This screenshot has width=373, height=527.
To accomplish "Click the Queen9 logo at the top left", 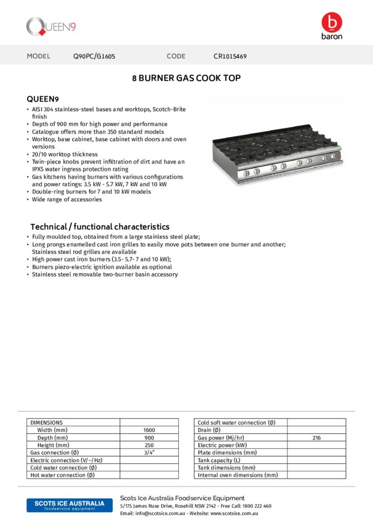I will tap(52, 26).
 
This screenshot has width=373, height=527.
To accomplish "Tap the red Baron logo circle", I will tap(331, 23).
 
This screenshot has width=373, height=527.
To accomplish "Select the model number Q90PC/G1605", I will tap(94, 56).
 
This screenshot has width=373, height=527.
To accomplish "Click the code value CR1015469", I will tap(230, 56).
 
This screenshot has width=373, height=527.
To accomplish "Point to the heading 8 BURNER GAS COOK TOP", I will tap(186, 78).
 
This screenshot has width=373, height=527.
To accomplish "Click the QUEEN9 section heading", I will tap(43, 98).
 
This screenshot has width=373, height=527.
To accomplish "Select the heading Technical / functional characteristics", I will tap(99, 226).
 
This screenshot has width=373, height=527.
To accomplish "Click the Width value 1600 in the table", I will tap(149, 430).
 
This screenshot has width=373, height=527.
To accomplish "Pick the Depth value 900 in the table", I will tap(149, 437).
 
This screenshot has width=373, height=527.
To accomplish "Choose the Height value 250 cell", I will tap(149, 445).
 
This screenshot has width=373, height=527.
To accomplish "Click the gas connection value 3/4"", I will tap(149, 452).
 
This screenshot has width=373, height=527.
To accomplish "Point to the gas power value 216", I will tap(316, 437).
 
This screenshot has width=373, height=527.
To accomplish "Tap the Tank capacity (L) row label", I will tap(219, 460).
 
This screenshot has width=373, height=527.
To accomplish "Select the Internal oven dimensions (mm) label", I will tap(238, 475).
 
